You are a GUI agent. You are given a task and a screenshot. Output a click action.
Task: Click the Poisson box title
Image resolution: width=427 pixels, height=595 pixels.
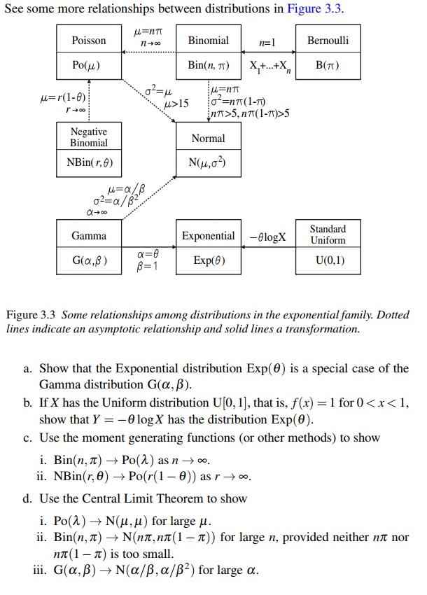tap(89, 41)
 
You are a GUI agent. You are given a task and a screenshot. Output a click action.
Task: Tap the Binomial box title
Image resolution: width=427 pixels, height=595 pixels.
tap(208, 41)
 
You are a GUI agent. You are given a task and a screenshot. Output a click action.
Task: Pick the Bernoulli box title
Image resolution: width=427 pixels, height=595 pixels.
tap(328, 41)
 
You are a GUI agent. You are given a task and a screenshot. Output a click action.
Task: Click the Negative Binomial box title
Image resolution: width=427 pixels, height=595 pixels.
tap(89, 137)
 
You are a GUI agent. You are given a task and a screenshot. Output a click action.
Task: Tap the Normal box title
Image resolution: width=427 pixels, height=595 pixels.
tap(208, 139)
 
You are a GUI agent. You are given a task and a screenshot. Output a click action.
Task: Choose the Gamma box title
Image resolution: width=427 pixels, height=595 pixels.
tap(89, 236)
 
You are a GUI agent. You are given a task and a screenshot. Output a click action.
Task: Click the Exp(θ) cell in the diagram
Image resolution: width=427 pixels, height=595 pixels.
tap(208, 262)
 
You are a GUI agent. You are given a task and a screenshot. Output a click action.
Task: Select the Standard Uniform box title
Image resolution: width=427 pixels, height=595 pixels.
tap(328, 234)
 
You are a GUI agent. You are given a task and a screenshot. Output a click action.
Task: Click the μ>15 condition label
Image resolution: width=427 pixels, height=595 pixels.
tap(176, 104)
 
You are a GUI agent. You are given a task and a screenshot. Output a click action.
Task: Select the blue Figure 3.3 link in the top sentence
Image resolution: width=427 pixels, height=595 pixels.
tap(318, 9)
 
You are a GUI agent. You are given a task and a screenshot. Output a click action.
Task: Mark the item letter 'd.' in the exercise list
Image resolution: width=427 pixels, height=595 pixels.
tap(27, 498)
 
